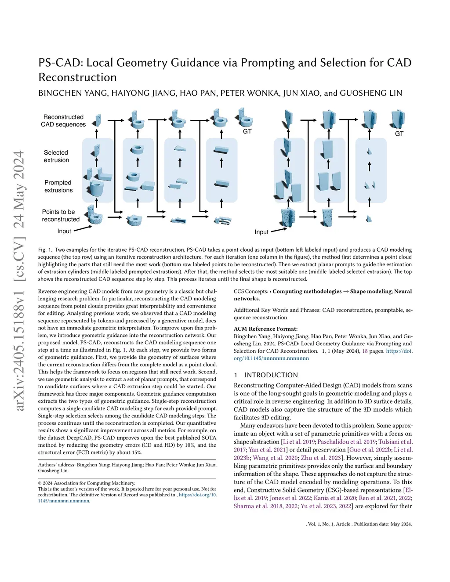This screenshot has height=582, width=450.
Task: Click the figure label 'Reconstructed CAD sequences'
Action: click(63, 121)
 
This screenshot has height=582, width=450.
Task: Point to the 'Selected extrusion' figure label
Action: click(56, 156)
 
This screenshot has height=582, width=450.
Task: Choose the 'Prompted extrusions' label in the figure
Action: click(58, 186)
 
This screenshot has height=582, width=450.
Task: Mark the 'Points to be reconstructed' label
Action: click(60, 215)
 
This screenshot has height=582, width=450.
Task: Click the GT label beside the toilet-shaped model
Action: click(247, 131)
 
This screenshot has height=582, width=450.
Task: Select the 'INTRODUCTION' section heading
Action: click(271, 375)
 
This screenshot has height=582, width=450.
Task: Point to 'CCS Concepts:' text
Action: click(250, 291)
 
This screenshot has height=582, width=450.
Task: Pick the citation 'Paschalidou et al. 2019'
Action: click(346, 442)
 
